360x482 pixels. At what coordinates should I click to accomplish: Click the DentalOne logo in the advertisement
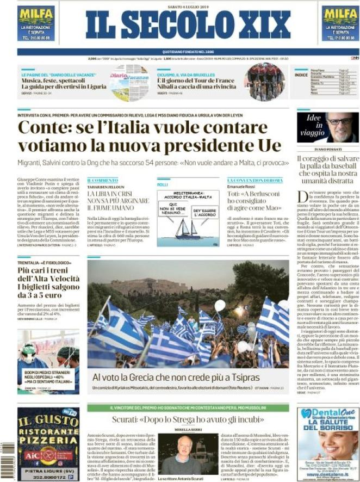coord(326,413)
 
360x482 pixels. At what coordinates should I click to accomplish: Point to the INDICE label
coord(301,75)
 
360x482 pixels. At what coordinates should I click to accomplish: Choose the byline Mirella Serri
coord(183,430)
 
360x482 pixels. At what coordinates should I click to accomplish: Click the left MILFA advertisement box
coord(36,23)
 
